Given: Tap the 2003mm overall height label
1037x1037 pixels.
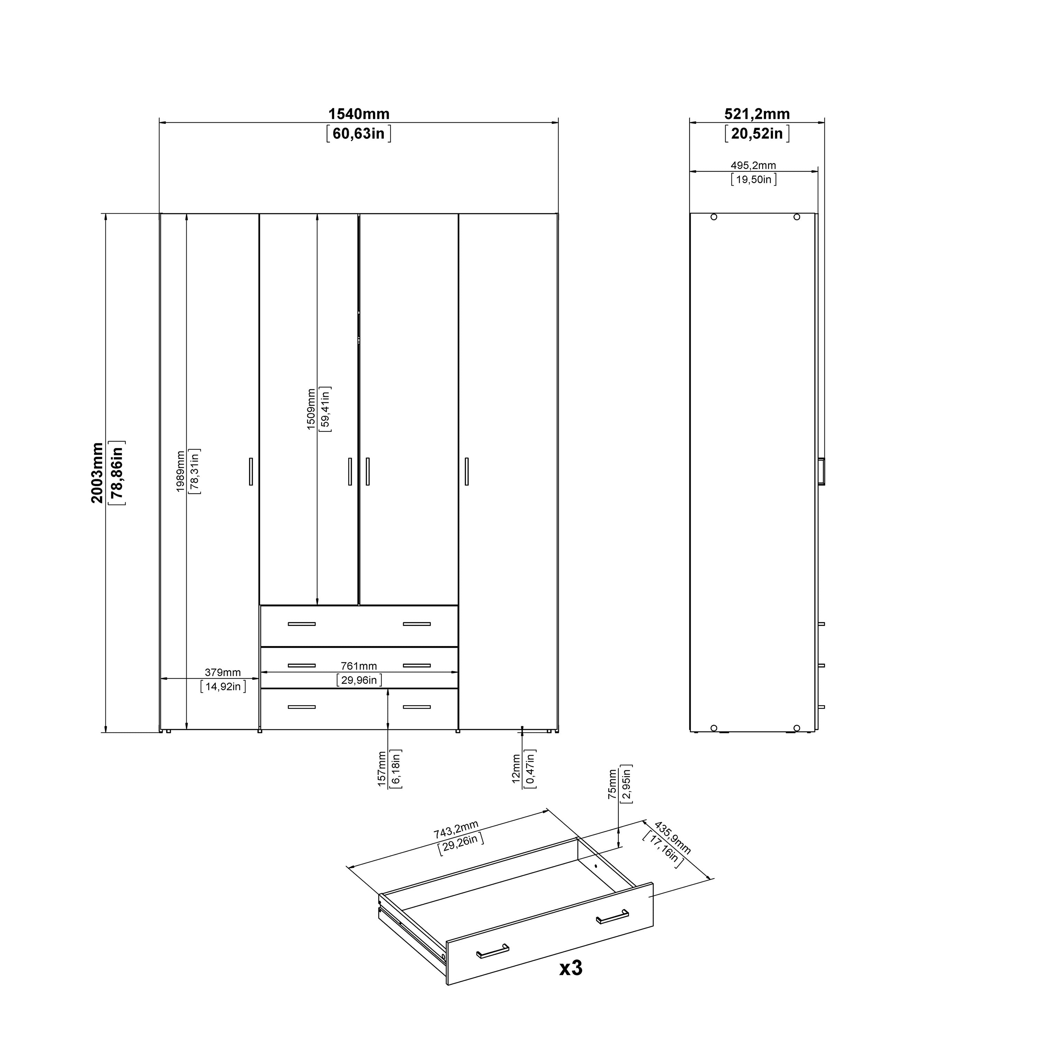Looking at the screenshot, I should click(97, 472).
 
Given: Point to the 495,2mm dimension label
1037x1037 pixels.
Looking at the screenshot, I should click(753, 165).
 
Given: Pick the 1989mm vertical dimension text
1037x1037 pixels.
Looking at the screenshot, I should click(180, 471).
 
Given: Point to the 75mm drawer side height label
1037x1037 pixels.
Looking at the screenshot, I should click(613, 784).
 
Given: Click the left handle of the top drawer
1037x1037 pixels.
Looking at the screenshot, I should click(302, 624).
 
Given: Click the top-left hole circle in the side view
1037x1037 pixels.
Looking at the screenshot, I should click(713, 217).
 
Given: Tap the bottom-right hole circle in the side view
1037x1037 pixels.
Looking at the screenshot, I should click(796, 728).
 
